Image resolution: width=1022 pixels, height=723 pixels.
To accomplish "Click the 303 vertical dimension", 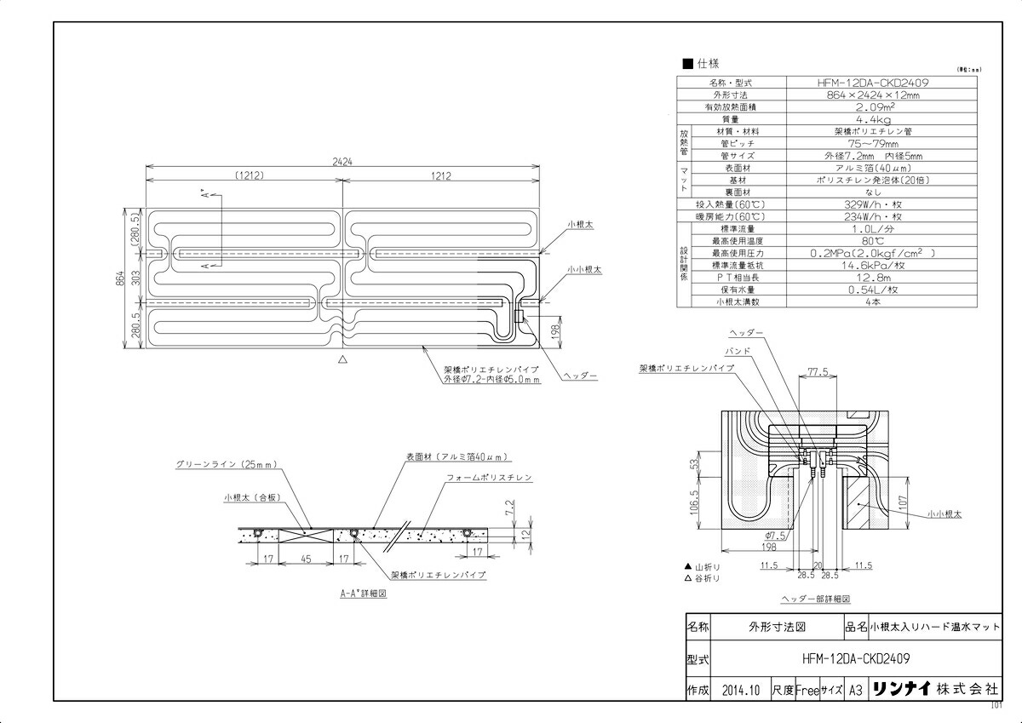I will [x=134, y=278].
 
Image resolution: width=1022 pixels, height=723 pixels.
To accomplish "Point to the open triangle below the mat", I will [x=342, y=360].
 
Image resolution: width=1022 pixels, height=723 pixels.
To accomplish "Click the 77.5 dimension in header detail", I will [x=818, y=372].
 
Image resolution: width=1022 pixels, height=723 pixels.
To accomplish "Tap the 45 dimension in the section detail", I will [x=306, y=559].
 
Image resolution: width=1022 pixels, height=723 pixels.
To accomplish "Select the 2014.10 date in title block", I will [x=739, y=691].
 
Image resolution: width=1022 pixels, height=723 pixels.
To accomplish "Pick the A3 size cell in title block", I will [x=856, y=691].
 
